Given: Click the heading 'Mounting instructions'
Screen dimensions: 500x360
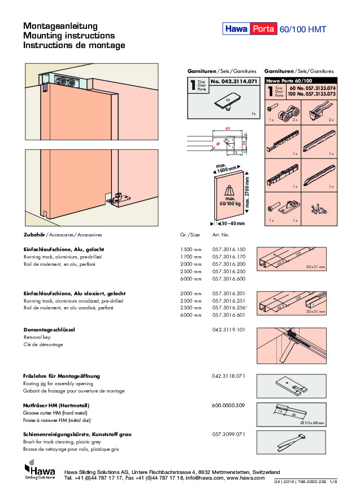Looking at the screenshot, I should pos(68,36).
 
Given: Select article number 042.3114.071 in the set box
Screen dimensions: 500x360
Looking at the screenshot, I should pos(233,83).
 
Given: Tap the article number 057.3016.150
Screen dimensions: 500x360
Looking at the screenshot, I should pos(229,249).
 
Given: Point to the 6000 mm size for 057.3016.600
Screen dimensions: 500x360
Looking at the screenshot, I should pos(190,279).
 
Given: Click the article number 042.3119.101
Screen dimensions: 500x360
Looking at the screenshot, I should pos(229,329).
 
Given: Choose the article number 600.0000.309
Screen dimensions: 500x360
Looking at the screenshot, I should pos(229,406).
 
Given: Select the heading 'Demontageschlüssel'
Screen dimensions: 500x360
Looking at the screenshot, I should pos(49,329).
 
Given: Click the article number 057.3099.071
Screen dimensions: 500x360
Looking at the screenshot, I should pos(229,434).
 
